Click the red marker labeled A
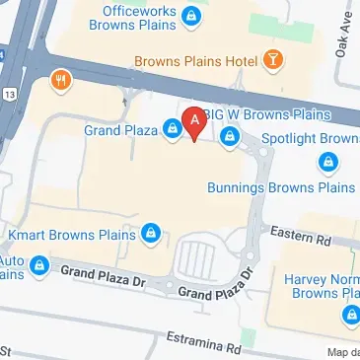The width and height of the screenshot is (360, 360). pyautogui.click(x=195, y=122)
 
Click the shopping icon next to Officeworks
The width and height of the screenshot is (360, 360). pyautogui.click(x=193, y=15)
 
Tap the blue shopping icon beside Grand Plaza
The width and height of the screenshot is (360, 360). pyautogui.click(x=173, y=128)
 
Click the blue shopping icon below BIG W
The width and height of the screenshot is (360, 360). pyautogui.click(x=231, y=136)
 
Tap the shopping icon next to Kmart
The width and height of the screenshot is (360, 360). pyautogui.click(x=151, y=234)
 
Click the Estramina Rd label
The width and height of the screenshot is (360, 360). pyautogui.click(x=203, y=342)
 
